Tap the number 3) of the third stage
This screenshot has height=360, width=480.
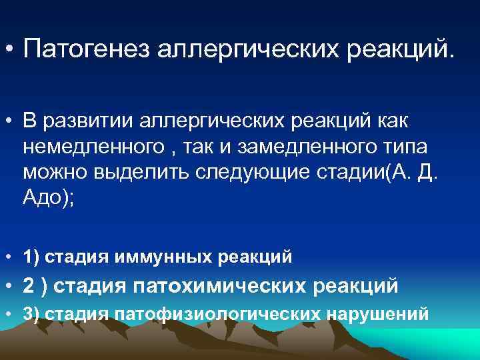[30, 314]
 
